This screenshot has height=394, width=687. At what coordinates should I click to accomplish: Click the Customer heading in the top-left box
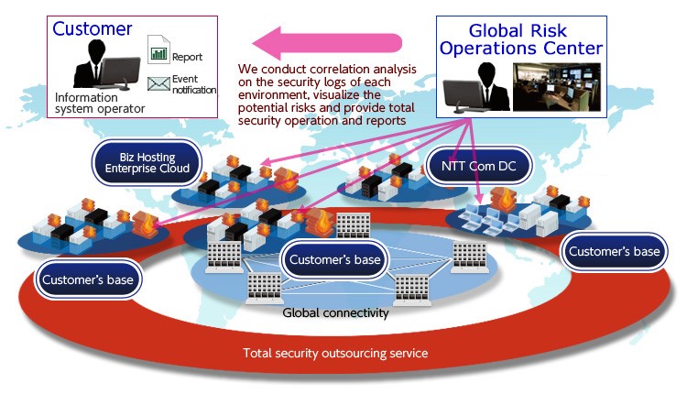tap(92, 29)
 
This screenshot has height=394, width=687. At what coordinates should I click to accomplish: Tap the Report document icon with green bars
tap(158, 49)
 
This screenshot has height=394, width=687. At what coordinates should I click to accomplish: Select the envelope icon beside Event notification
tap(158, 83)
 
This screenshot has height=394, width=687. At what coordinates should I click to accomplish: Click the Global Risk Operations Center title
tap(521, 39)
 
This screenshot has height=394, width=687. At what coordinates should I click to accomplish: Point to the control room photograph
tap(557, 87)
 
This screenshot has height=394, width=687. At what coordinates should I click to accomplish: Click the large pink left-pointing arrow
tap(327, 43)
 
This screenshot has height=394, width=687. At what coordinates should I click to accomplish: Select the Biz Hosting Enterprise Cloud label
tap(147, 162)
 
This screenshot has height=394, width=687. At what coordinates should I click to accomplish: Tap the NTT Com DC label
tap(478, 166)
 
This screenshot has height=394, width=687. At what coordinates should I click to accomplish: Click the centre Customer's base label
tap(334, 259)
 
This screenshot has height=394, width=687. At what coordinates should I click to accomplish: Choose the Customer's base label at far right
tap(615, 251)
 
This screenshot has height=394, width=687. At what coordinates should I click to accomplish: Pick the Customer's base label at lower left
tap(88, 279)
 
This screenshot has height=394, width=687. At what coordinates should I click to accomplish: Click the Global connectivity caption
tap(335, 313)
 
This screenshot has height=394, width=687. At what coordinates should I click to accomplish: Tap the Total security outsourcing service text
tap(335, 354)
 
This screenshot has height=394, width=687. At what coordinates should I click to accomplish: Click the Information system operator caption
tap(100, 103)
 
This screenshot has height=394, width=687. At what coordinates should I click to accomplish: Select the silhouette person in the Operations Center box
tap(492, 86)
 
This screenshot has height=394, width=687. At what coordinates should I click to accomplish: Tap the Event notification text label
tap(193, 84)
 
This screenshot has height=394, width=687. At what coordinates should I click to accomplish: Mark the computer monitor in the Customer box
tap(120, 72)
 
